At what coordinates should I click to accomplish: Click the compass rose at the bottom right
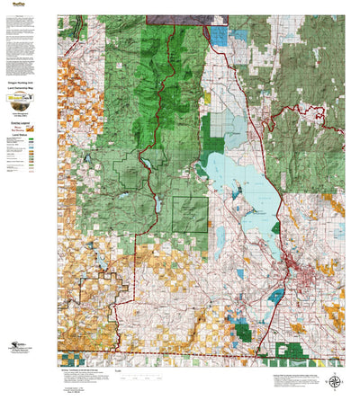(335, 380)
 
